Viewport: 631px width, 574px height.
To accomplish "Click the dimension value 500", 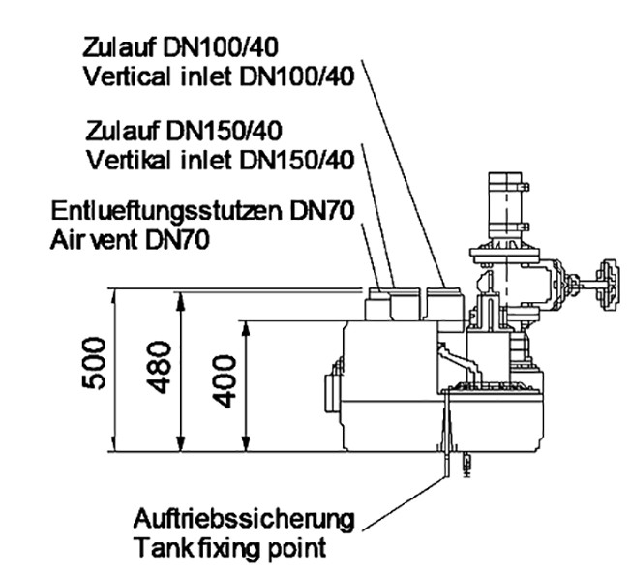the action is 94,364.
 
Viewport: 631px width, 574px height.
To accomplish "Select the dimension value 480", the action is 159,368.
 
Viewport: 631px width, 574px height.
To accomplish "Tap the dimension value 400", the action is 224,381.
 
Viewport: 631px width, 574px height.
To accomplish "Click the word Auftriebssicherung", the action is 244,520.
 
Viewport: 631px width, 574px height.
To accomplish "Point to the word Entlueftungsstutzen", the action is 166,210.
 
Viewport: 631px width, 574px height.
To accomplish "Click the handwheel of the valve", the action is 608,286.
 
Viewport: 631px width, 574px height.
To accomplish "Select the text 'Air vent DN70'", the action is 130,241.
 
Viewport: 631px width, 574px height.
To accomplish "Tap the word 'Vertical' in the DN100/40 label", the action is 129,76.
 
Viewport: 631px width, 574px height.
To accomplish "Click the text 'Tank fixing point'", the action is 230,549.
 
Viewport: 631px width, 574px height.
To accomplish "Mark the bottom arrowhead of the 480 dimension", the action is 182,442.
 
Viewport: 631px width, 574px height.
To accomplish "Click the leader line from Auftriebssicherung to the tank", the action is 405,503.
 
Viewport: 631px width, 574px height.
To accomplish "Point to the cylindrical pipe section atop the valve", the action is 505,205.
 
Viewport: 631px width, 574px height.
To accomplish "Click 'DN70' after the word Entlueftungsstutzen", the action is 322,210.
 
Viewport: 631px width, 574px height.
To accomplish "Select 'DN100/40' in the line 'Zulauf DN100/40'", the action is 221,47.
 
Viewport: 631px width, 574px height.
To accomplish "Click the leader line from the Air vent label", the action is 371,256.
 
